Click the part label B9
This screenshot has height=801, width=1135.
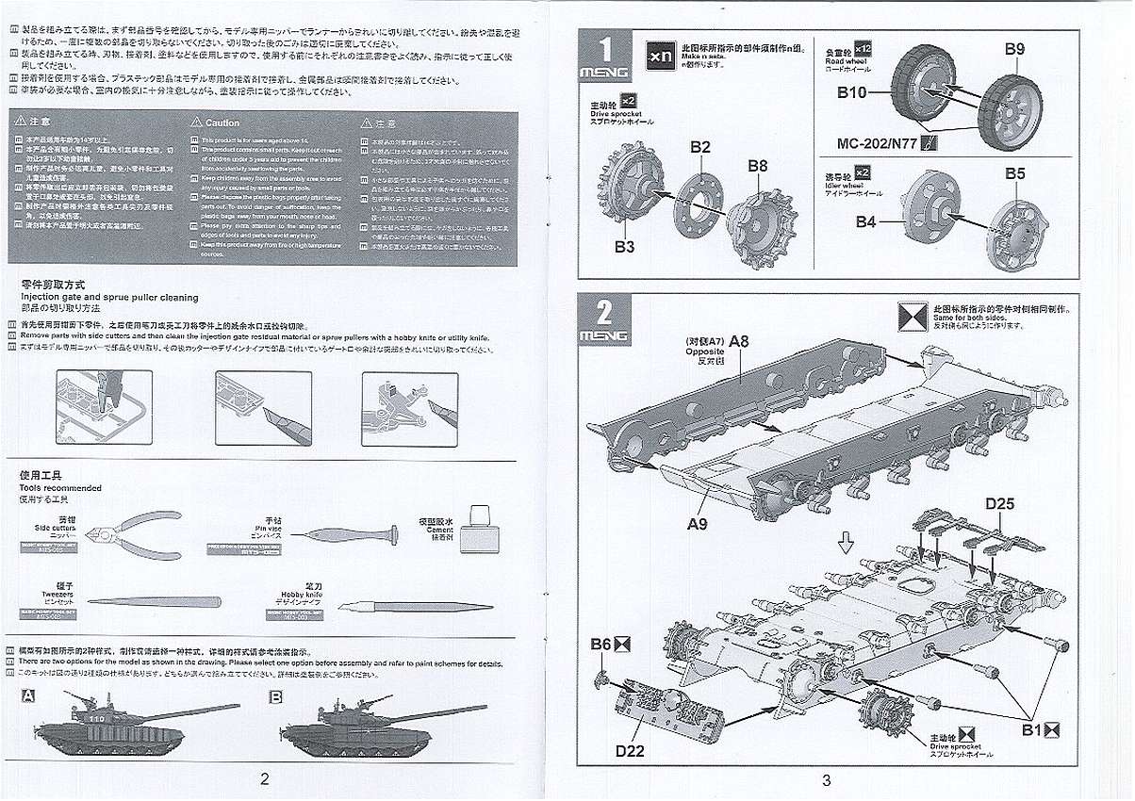point(1014,48)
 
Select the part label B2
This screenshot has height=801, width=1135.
point(699,147)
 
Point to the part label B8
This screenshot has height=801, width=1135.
point(758,166)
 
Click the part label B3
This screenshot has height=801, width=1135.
point(623,248)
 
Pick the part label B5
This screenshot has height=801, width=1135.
point(1014,173)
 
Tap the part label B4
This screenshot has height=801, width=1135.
point(865,221)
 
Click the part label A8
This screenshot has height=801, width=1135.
point(738,342)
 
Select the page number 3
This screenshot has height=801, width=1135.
point(826,779)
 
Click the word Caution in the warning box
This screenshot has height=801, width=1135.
point(222,123)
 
